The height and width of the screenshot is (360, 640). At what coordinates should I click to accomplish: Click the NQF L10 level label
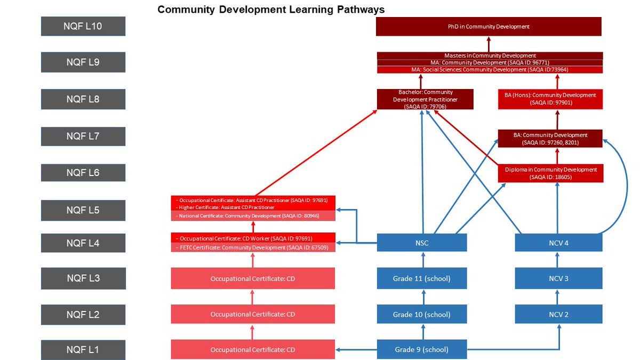pyautogui.click(x=83, y=26)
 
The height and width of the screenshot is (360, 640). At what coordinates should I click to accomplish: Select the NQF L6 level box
pyautogui.click(x=83, y=173)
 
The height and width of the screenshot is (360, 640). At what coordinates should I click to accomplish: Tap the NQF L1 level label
pyautogui.click(x=83, y=350)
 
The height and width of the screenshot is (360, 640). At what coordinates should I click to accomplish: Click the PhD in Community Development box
pyautogui.click(x=489, y=26)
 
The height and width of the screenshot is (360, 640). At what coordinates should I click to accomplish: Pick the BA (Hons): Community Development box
pyautogui.click(x=550, y=99)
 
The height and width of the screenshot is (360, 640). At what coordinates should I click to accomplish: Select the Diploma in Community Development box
pyautogui.click(x=550, y=173)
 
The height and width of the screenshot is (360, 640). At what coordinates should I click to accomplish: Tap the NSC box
pyautogui.click(x=421, y=243)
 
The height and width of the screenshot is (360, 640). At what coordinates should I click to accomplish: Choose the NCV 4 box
pyautogui.click(x=558, y=243)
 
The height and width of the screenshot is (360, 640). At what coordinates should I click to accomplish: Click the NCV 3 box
pyautogui.click(x=558, y=278)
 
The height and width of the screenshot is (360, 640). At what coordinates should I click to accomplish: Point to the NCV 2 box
pyautogui.click(x=558, y=314)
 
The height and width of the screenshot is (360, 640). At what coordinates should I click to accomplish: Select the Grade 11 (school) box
pyautogui.click(x=421, y=278)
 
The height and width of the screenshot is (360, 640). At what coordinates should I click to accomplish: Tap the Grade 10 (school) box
pyautogui.click(x=421, y=314)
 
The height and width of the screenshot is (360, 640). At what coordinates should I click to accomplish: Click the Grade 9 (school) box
pyautogui.click(x=421, y=350)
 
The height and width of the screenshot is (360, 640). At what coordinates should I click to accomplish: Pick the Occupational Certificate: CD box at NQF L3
pyautogui.click(x=253, y=278)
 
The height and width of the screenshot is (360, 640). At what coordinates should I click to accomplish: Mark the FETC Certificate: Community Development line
pyautogui.click(x=253, y=247)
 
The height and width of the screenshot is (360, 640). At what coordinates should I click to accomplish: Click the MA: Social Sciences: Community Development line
pyautogui.click(x=490, y=70)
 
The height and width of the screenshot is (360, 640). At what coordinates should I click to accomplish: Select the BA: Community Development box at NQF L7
pyautogui.click(x=550, y=139)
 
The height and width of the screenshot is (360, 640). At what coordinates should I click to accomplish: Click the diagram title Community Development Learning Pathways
pyautogui.click(x=270, y=10)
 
